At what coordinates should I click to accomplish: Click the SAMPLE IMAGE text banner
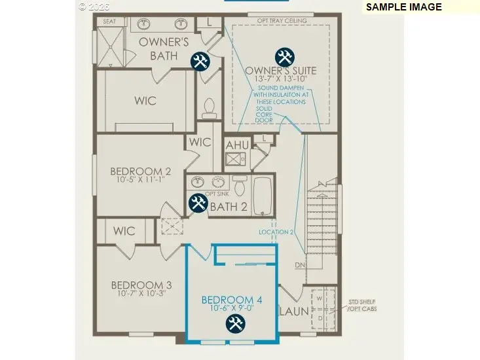click(403, 7)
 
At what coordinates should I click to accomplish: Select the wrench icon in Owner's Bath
click(200, 62)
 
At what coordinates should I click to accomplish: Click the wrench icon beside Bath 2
click(198, 203)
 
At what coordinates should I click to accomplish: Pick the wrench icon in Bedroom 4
click(234, 323)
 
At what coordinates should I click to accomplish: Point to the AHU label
click(237, 145)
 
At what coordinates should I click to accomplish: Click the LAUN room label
click(295, 312)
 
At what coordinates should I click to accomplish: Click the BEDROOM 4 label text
click(232, 300)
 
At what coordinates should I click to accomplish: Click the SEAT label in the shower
click(109, 22)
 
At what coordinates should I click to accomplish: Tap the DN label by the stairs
click(300, 265)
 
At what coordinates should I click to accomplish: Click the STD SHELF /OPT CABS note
click(362, 305)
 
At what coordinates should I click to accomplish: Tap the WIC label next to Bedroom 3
click(124, 230)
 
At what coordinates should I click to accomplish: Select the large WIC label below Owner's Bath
click(145, 101)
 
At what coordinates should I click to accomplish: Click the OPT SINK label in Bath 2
click(217, 194)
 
